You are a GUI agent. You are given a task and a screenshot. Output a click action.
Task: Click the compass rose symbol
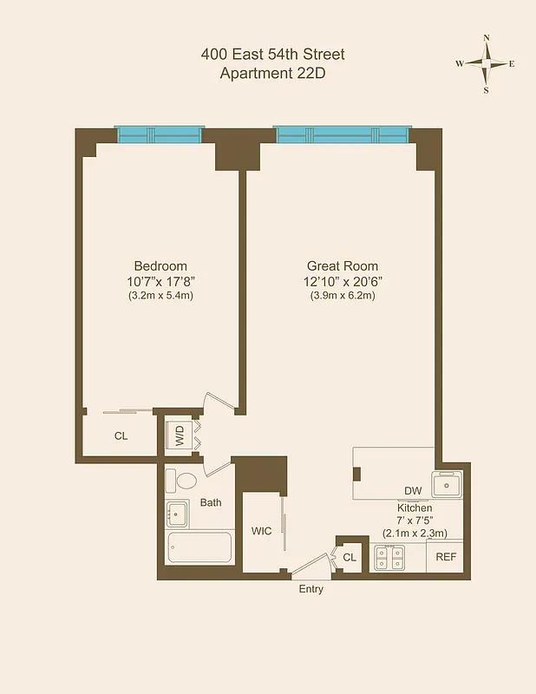[486, 63]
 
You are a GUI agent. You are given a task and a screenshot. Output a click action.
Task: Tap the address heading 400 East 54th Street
[272, 54]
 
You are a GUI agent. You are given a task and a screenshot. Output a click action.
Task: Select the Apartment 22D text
[272, 73]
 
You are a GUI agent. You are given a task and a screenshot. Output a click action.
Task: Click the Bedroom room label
[160, 265]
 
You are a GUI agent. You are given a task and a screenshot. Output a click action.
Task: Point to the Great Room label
[343, 265]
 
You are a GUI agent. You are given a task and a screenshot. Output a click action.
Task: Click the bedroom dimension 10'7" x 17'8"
[160, 280]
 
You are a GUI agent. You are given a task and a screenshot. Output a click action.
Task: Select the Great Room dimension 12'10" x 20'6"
[343, 280]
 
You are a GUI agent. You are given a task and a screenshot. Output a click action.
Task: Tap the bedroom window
[160, 134]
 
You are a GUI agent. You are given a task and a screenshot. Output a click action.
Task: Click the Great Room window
[341, 134]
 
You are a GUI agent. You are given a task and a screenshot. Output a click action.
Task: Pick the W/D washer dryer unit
[180, 435]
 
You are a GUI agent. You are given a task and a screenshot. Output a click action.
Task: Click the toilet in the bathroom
[186, 481]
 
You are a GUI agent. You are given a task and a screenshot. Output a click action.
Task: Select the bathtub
[199, 548]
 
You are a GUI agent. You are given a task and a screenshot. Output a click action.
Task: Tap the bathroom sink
[178, 514]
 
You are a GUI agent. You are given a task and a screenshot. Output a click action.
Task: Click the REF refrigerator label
[446, 557]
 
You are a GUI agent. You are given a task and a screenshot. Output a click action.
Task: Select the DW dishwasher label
[413, 491]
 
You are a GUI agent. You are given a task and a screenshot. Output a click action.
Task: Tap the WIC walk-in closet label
[261, 531]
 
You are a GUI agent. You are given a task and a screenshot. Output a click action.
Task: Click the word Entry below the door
[310, 589]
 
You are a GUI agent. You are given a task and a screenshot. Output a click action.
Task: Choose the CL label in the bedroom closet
[121, 435]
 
